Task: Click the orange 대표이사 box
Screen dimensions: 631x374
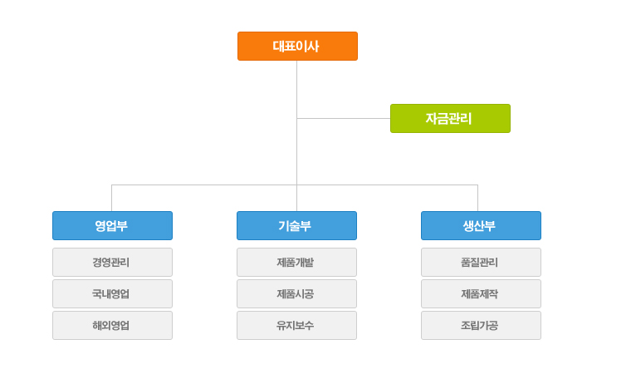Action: [x=297, y=47]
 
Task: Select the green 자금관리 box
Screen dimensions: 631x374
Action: [x=450, y=119]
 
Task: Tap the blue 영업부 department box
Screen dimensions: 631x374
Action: [x=112, y=226]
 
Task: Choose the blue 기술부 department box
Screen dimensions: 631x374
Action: [x=296, y=226]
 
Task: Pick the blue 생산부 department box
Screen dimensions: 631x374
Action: [x=481, y=226]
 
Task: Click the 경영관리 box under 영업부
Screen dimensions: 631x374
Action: [x=112, y=263]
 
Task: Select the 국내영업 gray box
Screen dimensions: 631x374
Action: [x=112, y=294]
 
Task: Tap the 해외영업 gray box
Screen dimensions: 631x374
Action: [x=112, y=325]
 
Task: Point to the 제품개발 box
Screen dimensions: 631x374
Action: [x=296, y=263]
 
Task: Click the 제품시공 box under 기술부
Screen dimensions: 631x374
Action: [x=296, y=294]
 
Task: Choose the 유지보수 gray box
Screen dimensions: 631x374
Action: [x=296, y=325]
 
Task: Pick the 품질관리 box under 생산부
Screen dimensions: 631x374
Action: [x=481, y=263]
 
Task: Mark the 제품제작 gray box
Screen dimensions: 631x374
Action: [x=481, y=294]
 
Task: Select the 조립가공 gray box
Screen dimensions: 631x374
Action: [x=481, y=325]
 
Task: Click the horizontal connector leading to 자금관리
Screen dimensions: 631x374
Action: [x=344, y=119]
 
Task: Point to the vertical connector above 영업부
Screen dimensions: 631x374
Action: [x=111, y=198]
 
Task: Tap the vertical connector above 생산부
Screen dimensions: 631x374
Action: [x=477, y=198]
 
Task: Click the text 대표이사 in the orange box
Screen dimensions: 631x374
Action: [x=296, y=47]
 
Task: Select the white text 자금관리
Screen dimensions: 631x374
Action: [x=448, y=119]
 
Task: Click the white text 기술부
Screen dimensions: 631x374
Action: [x=295, y=226]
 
